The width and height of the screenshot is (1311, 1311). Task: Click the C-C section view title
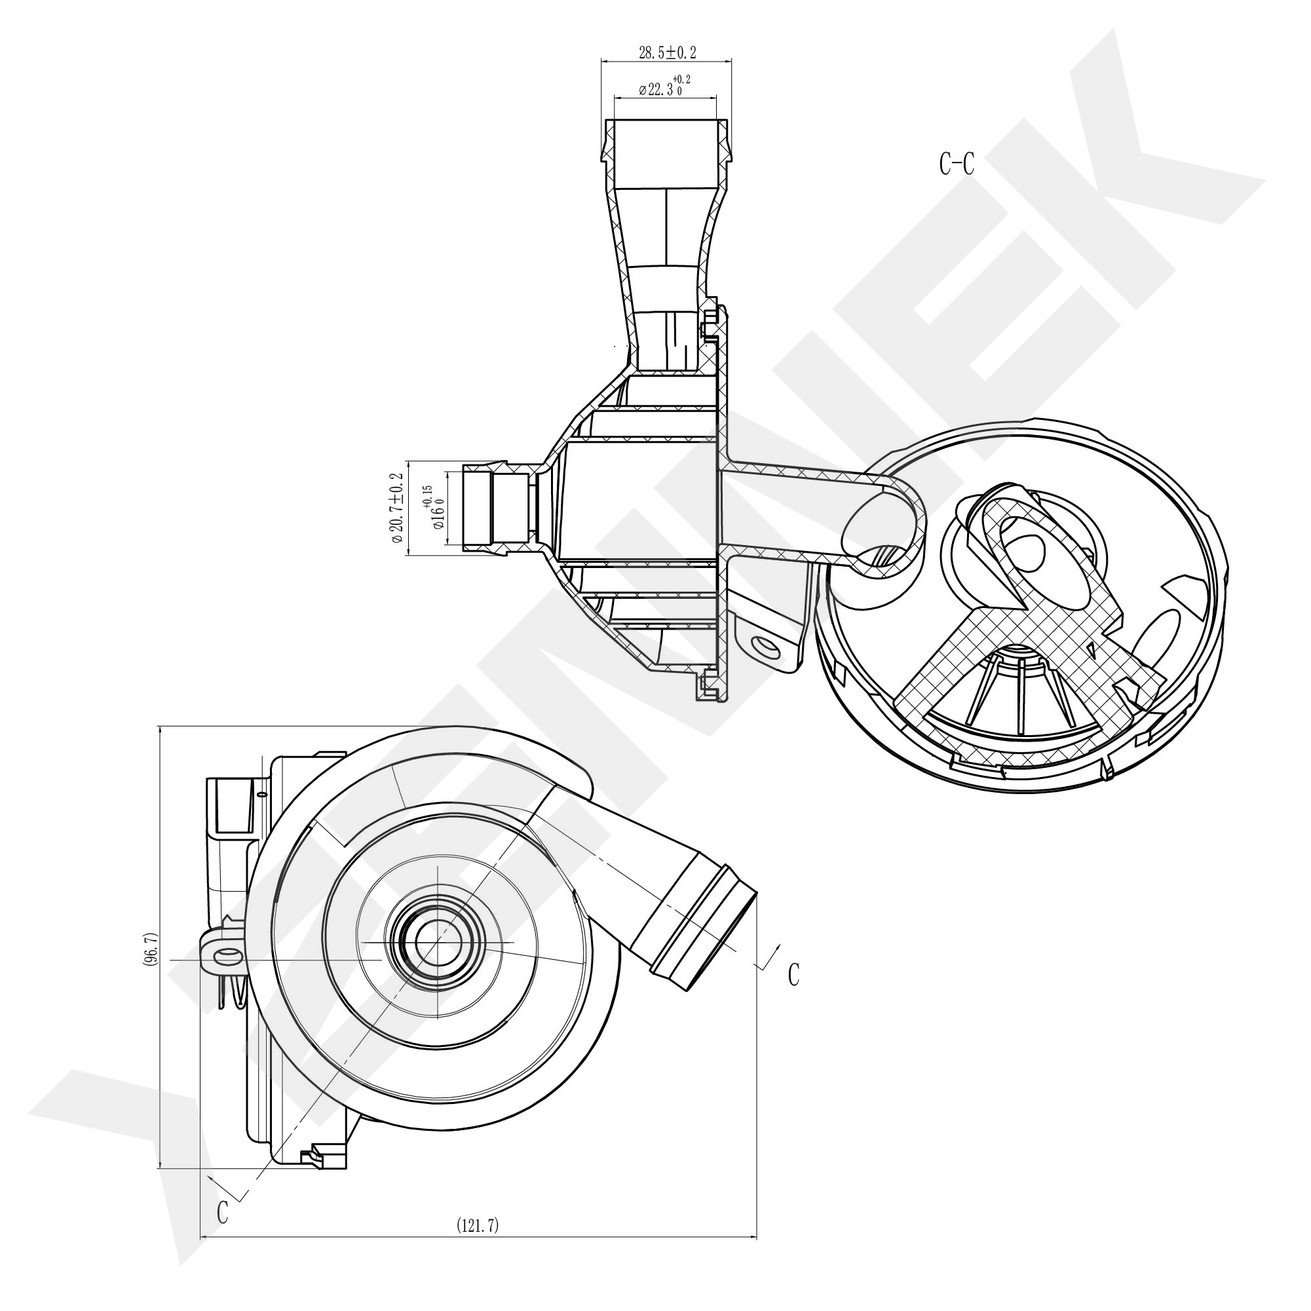[x=957, y=164]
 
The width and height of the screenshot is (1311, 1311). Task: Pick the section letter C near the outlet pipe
[x=793, y=975]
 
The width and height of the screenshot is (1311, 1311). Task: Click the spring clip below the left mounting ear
[x=231, y=992]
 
